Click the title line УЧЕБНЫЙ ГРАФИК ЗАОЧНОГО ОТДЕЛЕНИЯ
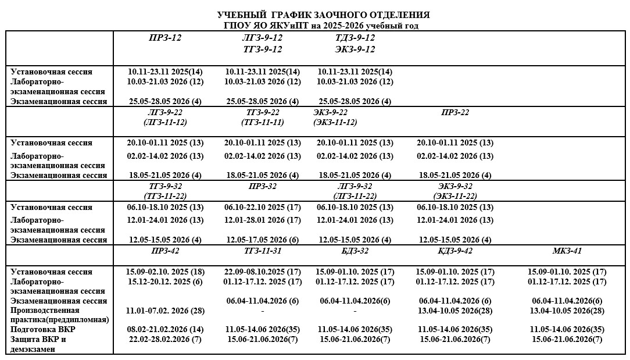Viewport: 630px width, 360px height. coord(323,15)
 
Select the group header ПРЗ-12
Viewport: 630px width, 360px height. coord(164,38)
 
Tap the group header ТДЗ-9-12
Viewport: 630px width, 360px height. coord(355,38)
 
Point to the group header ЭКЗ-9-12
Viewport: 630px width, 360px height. coord(355,49)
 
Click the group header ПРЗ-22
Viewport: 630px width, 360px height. coord(455,113)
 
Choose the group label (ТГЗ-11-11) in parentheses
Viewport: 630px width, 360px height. coord(263,123)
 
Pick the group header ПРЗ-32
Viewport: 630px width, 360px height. coord(262,186)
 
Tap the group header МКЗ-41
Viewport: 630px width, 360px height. coord(567,251)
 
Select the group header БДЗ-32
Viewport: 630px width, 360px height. coord(353,251)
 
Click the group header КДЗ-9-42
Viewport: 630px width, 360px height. coord(454,251)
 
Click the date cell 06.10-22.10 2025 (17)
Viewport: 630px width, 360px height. coord(263,208)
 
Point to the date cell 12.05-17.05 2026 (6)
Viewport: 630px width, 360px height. coord(262,240)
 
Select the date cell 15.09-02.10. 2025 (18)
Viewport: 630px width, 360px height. coord(165,272)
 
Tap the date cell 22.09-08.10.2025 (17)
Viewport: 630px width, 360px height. coord(262,272)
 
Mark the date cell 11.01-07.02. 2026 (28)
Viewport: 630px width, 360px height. coord(165,311)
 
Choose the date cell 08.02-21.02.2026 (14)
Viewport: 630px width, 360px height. coord(165,329)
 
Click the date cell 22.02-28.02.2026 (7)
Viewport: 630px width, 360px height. coord(165,339)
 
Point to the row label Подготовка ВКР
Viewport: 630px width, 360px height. coord(43,329)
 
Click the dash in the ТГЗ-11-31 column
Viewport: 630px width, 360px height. coord(263,311)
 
